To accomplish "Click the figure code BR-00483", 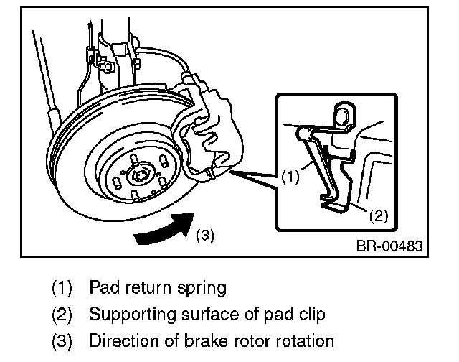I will coord(389,245).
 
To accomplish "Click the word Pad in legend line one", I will coord(102,288).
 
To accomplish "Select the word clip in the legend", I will coord(311,315).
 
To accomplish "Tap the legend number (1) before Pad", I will coord(62,289).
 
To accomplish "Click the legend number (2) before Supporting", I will coord(62,315).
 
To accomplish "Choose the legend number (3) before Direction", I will coord(62,340).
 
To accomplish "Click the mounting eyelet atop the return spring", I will coord(344,113).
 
